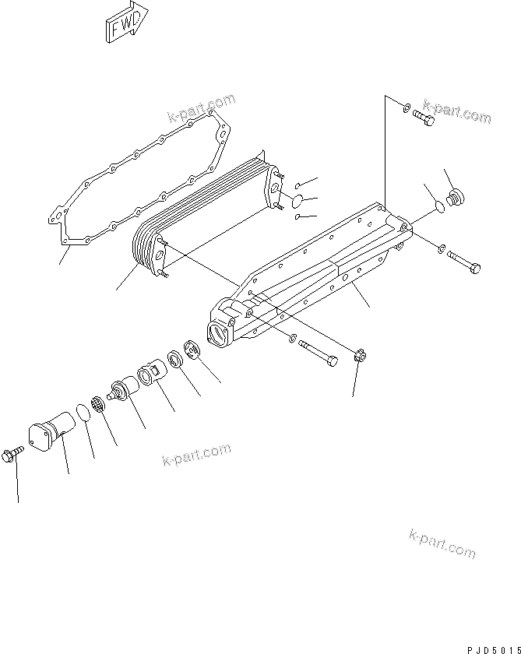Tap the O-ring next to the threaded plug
click(x=438, y=206)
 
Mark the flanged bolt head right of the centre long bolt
click(x=361, y=357)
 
